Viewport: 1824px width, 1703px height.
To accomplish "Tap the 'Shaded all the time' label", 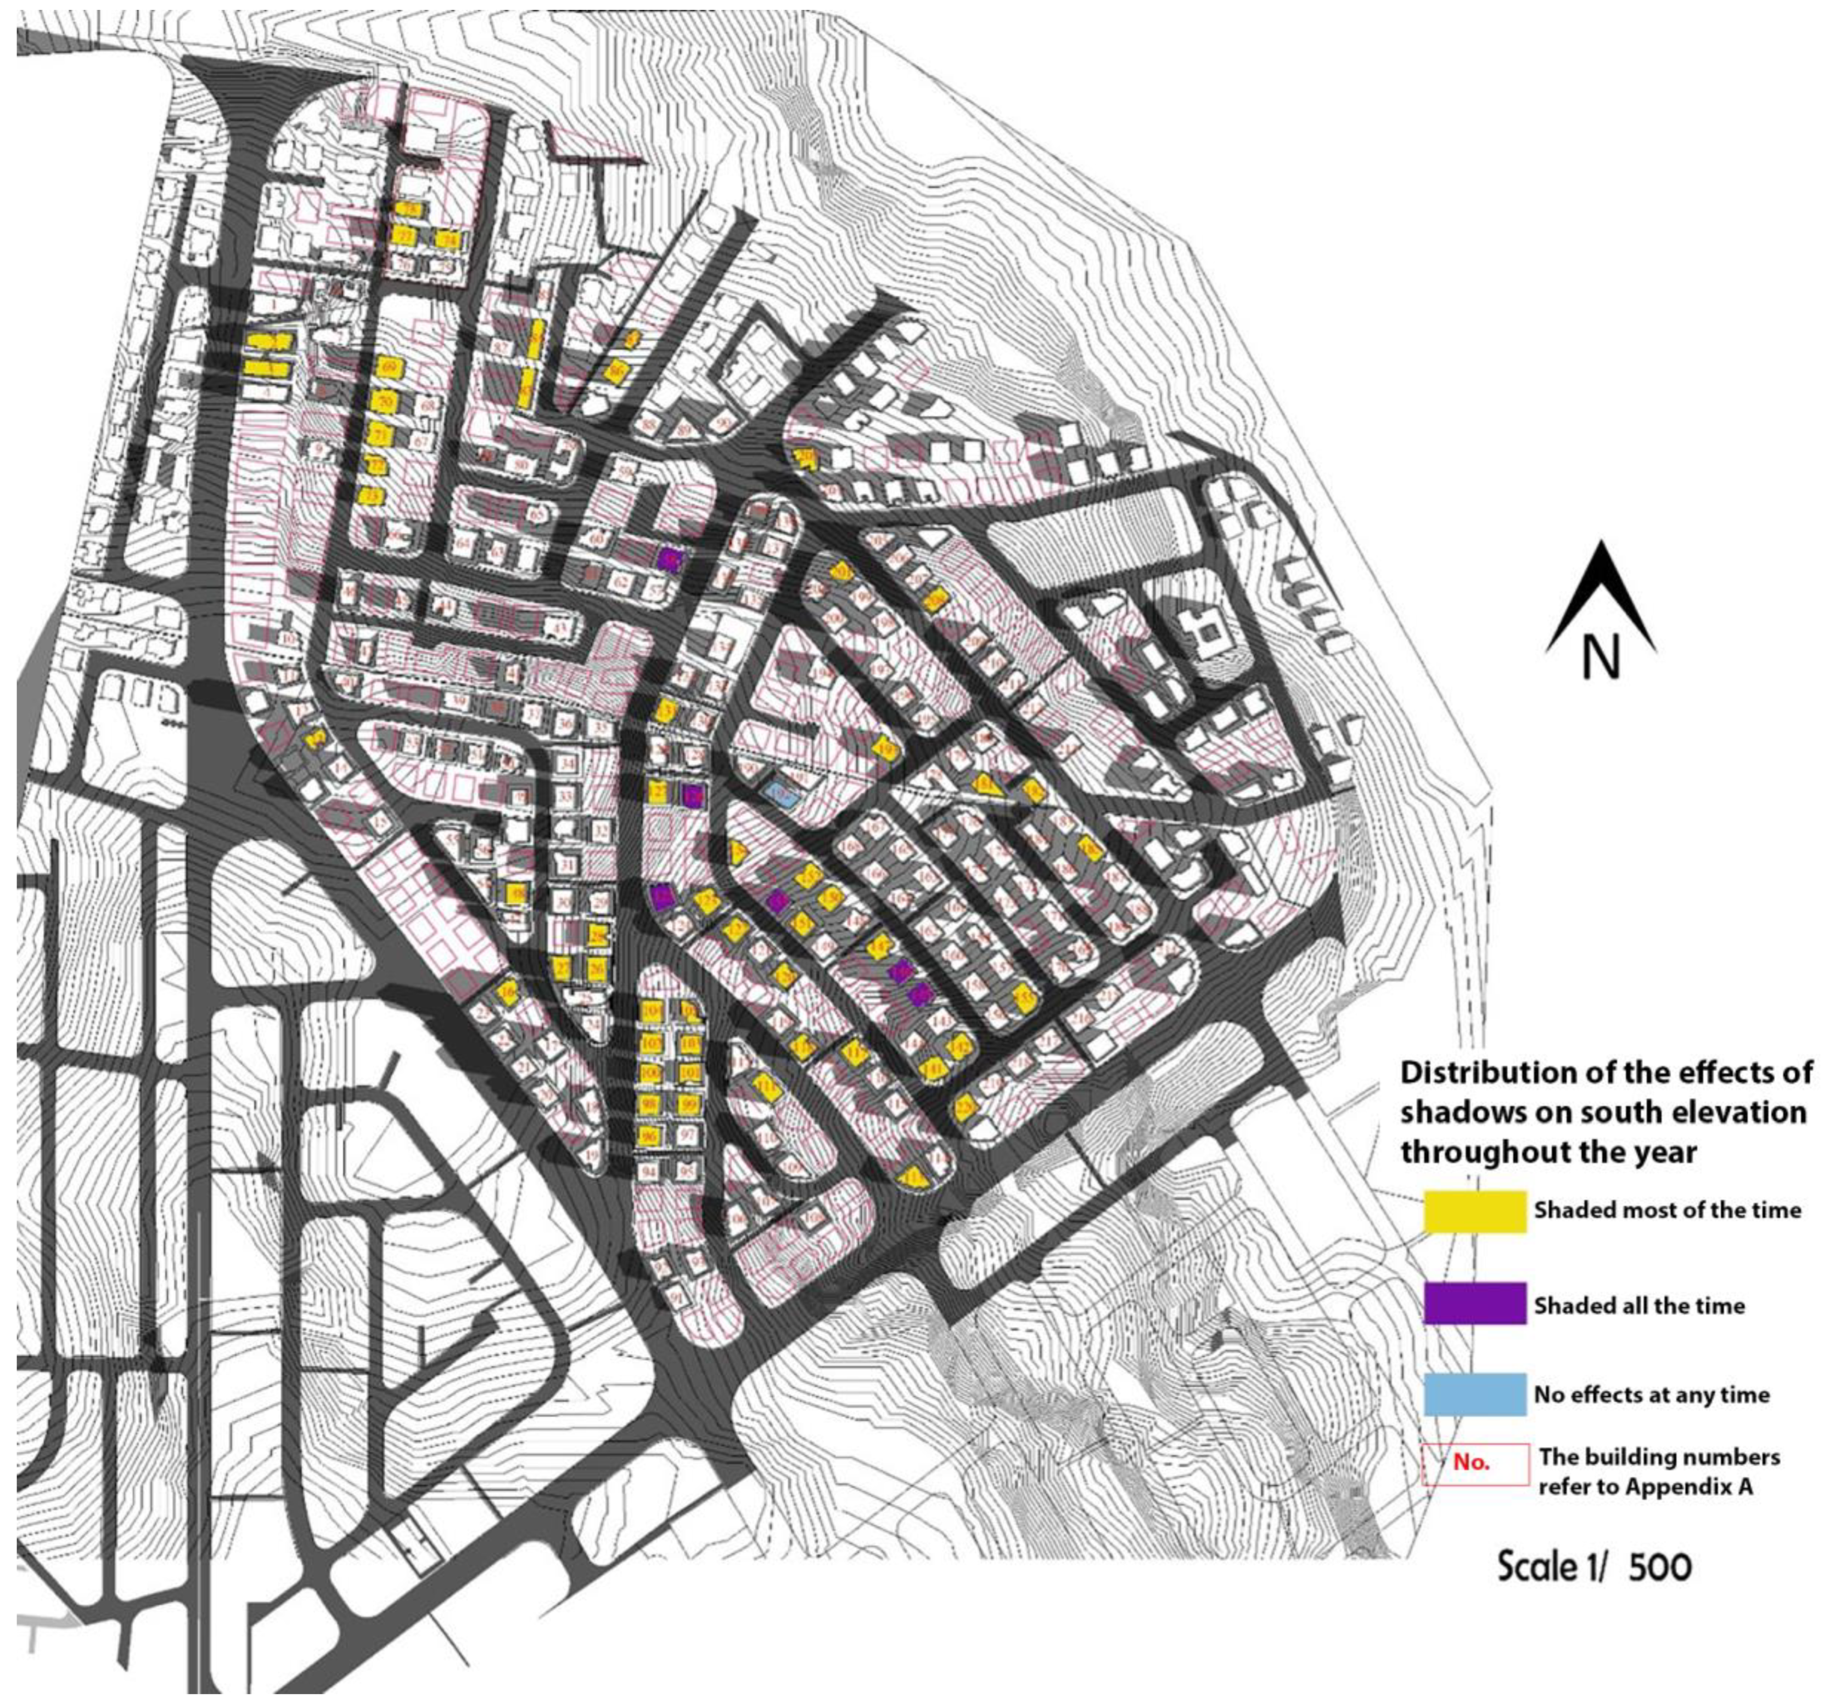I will (1638, 1305).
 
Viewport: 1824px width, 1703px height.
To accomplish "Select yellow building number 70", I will (384, 402).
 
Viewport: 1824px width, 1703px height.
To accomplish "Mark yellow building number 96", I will (649, 1137).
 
